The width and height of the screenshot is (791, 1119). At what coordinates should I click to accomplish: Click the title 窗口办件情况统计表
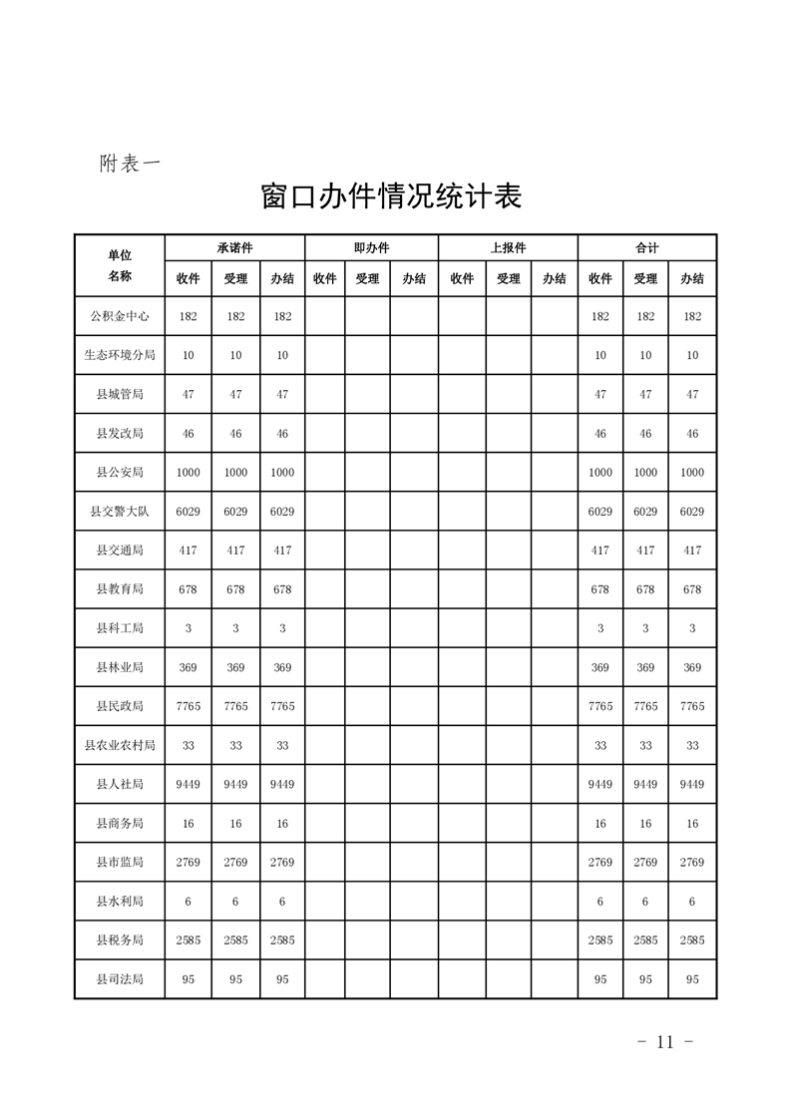click(391, 195)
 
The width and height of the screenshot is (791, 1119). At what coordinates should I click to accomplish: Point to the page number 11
click(665, 1042)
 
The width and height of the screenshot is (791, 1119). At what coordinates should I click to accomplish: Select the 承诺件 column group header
click(235, 247)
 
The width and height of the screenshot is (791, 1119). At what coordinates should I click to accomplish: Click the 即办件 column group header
click(371, 247)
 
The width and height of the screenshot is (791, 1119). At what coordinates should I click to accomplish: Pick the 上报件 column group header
click(508, 247)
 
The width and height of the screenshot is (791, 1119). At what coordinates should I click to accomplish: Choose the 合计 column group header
click(646, 247)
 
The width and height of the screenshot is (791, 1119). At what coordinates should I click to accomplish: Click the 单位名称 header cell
click(120, 265)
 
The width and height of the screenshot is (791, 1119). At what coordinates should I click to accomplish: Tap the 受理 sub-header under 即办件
click(367, 279)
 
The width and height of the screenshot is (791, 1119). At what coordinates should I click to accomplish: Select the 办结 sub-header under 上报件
click(554, 279)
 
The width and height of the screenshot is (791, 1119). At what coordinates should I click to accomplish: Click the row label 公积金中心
click(120, 316)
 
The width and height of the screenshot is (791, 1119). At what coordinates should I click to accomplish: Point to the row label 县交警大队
click(120, 512)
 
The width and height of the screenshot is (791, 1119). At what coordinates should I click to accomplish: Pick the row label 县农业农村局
click(120, 746)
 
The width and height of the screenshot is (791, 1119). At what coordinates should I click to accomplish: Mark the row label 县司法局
click(120, 979)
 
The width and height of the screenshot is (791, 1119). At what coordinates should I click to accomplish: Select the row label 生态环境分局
click(120, 355)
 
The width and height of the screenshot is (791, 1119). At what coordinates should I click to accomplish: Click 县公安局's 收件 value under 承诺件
click(189, 473)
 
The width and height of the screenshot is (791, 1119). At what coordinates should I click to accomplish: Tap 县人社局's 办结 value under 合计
click(692, 785)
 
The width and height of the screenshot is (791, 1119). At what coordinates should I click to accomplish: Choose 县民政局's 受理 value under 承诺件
click(235, 706)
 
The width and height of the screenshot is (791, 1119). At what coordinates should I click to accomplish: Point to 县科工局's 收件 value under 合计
click(600, 628)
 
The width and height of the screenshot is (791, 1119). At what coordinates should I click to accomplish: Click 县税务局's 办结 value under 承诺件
click(282, 940)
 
